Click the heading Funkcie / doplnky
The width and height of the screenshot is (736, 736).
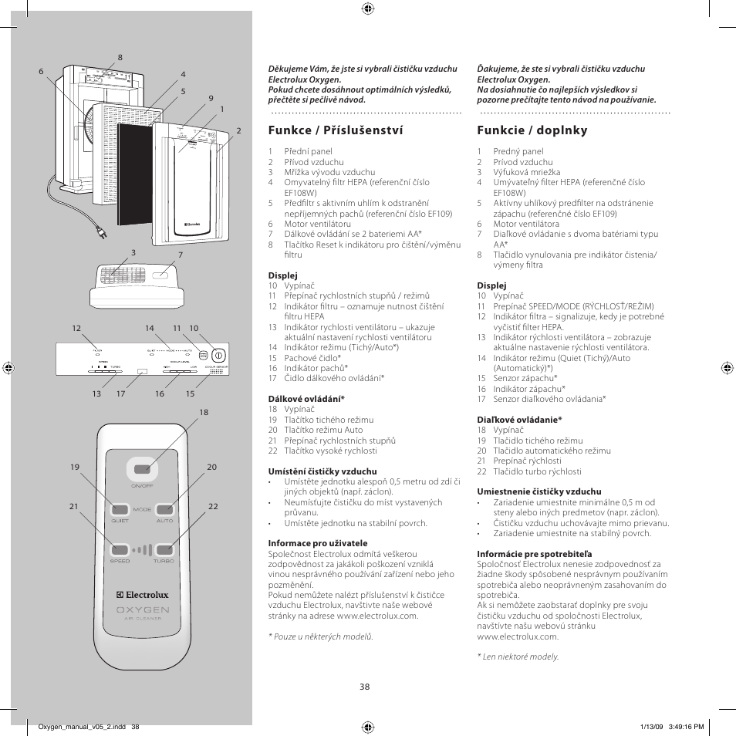click(532, 130)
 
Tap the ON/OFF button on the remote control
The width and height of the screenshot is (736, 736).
click(142, 469)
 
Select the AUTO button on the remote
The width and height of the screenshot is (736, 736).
click(164, 509)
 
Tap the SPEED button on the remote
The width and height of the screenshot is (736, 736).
click(120, 550)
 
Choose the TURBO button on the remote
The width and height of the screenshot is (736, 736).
click(164, 550)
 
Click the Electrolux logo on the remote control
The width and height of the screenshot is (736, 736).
click(142, 595)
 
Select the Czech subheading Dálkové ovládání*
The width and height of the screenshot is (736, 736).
click(306, 399)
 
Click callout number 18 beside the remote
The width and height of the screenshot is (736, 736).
click(204, 413)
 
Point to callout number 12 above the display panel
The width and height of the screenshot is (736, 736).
click(76, 329)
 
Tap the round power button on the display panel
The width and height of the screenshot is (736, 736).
click(218, 356)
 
